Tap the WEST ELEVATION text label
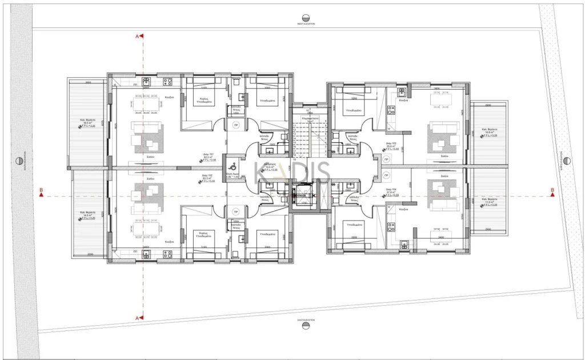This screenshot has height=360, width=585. tap(306, 24)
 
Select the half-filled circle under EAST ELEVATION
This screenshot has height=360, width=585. tap(306, 326)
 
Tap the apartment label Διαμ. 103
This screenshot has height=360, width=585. tap(391, 143)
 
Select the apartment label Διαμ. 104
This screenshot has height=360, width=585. tap(391, 189)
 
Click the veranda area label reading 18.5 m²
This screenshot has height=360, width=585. tap(87, 121)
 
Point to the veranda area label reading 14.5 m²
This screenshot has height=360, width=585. tap(87, 214)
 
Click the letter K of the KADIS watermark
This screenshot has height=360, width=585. tap(262, 172)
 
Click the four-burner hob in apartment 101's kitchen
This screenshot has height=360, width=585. tap(168, 81)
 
